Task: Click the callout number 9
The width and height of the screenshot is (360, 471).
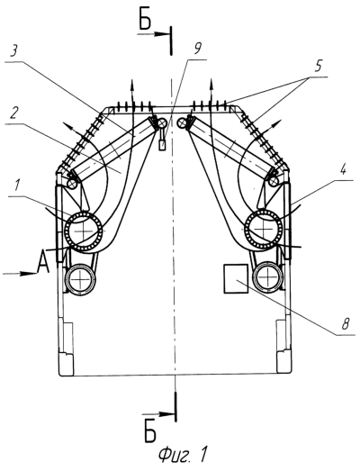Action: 197,49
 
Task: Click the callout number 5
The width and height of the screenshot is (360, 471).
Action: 318,66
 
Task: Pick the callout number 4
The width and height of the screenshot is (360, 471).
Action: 343,170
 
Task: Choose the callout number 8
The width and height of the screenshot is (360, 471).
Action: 346,324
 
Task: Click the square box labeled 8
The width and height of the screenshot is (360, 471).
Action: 236,279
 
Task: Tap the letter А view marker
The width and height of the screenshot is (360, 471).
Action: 43,262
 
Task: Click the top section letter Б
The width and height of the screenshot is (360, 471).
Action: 145,22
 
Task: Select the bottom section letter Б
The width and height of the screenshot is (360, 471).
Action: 149,434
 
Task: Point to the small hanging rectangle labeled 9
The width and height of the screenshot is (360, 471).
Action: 162,145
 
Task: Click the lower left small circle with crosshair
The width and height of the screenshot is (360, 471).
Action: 80,278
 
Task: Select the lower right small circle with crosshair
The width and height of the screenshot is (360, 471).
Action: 267,276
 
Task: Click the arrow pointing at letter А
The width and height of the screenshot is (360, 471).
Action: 20,273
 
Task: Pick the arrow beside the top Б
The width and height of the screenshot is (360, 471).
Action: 153,34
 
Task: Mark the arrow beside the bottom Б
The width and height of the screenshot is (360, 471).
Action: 158,414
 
